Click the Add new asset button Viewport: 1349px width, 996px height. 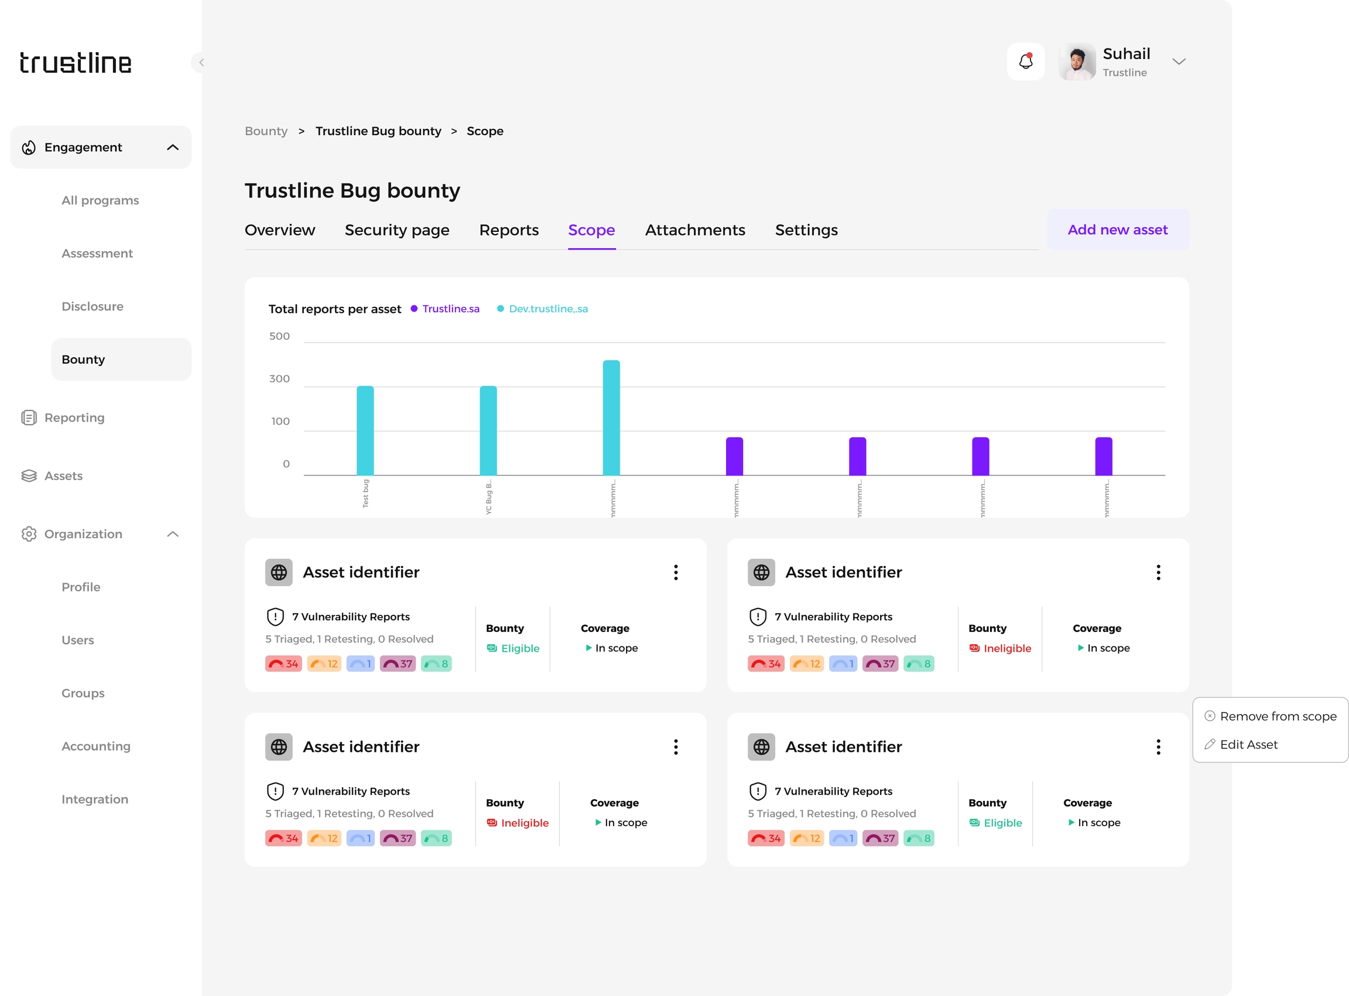pyautogui.click(x=1117, y=230)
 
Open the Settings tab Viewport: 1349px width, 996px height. pyautogui.click(x=806, y=230)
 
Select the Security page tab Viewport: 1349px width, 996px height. pyautogui.click(x=396, y=230)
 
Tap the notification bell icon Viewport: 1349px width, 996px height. pyautogui.click(x=1025, y=61)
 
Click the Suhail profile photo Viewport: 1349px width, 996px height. pyautogui.click(x=1077, y=61)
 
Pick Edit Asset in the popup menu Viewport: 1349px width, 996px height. pyautogui.click(x=1248, y=745)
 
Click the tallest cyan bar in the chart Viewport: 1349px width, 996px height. pyautogui.click(x=611, y=417)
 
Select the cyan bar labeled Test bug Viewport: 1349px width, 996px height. pyautogui.click(x=365, y=430)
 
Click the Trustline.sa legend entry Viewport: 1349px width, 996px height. pyautogui.click(x=450, y=309)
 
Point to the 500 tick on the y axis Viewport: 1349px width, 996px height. pyautogui.click(x=279, y=336)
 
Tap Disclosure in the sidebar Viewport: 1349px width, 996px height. pyautogui.click(x=93, y=306)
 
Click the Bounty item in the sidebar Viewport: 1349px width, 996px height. pyautogui.click(x=83, y=360)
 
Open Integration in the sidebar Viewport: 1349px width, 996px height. pyautogui.click(x=95, y=799)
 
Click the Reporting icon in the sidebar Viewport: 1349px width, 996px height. pyautogui.click(x=29, y=418)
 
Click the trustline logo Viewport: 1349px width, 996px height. pyautogui.click(x=76, y=63)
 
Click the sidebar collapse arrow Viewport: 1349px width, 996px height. pyautogui.click(x=201, y=62)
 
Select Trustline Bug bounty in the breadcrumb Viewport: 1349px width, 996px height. pyautogui.click(x=378, y=131)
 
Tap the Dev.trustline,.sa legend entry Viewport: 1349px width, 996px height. pyautogui.click(x=547, y=309)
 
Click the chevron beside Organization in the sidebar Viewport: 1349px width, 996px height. pyautogui.click(x=172, y=534)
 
